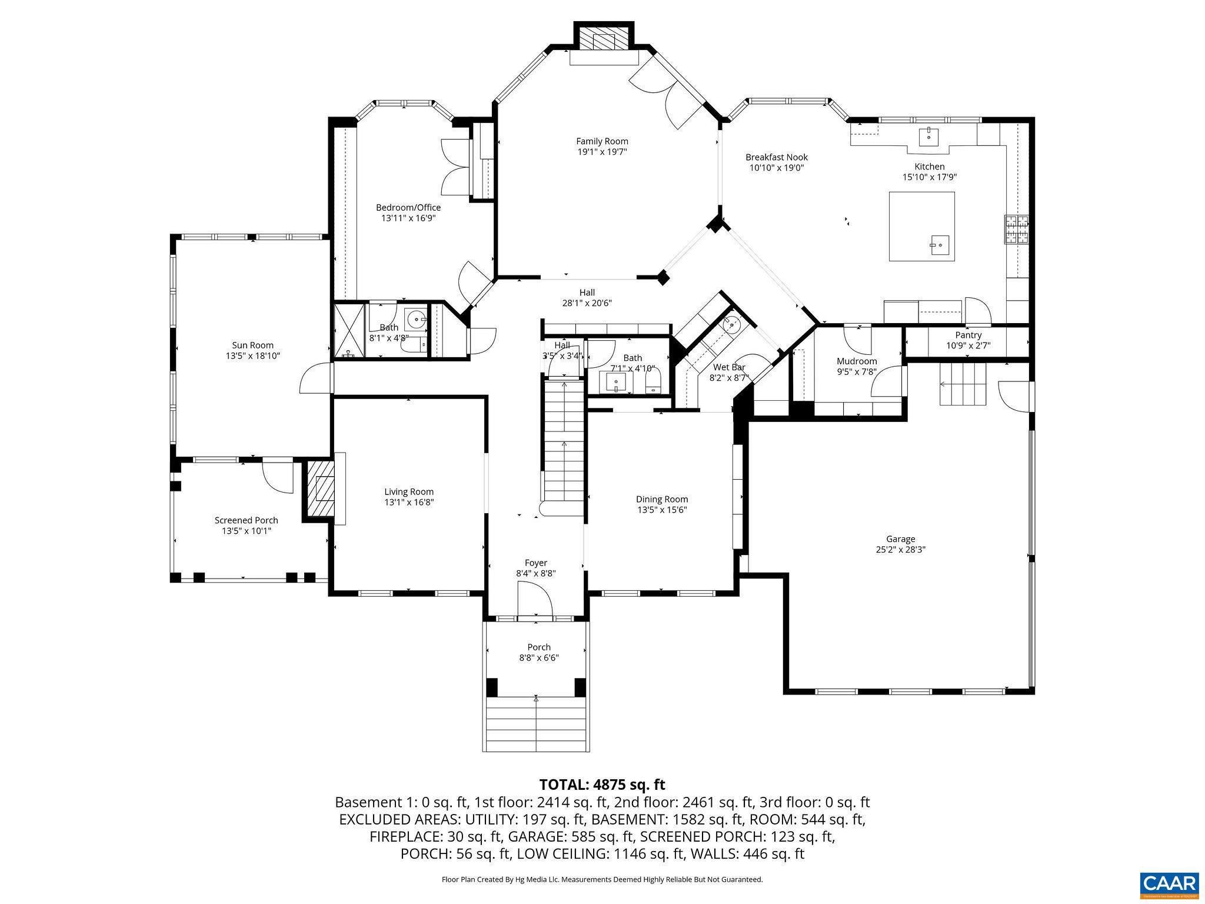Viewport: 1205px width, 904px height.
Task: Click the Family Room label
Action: click(x=602, y=141)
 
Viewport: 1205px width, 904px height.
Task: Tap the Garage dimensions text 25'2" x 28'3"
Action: click(x=901, y=550)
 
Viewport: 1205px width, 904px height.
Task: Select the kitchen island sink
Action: click(x=940, y=243)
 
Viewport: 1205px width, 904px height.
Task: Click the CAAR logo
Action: click(x=1169, y=884)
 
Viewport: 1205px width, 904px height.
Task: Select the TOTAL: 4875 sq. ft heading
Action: click(x=602, y=785)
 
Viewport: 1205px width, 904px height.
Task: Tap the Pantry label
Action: click(x=968, y=335)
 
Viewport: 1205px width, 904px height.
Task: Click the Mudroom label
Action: click(x=857, y=361)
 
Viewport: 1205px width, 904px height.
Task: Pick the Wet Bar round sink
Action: click(x=731, y=323)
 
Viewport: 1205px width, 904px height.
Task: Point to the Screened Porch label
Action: click(x=246, y=520)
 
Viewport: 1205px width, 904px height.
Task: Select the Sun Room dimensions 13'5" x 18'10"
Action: click(x=252, y=356)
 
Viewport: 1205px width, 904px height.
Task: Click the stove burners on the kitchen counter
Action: click(x=1017, y=230)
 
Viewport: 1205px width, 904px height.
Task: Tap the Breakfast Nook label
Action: click(x=776, y=157)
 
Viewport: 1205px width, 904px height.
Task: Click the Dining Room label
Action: click(x=661, y=499)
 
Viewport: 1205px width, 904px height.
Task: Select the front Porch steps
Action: click(x=536, y=724)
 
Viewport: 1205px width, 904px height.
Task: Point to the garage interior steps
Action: click(x=962, y=384)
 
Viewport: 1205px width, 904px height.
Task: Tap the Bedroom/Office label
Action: click(x=408, y=207)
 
